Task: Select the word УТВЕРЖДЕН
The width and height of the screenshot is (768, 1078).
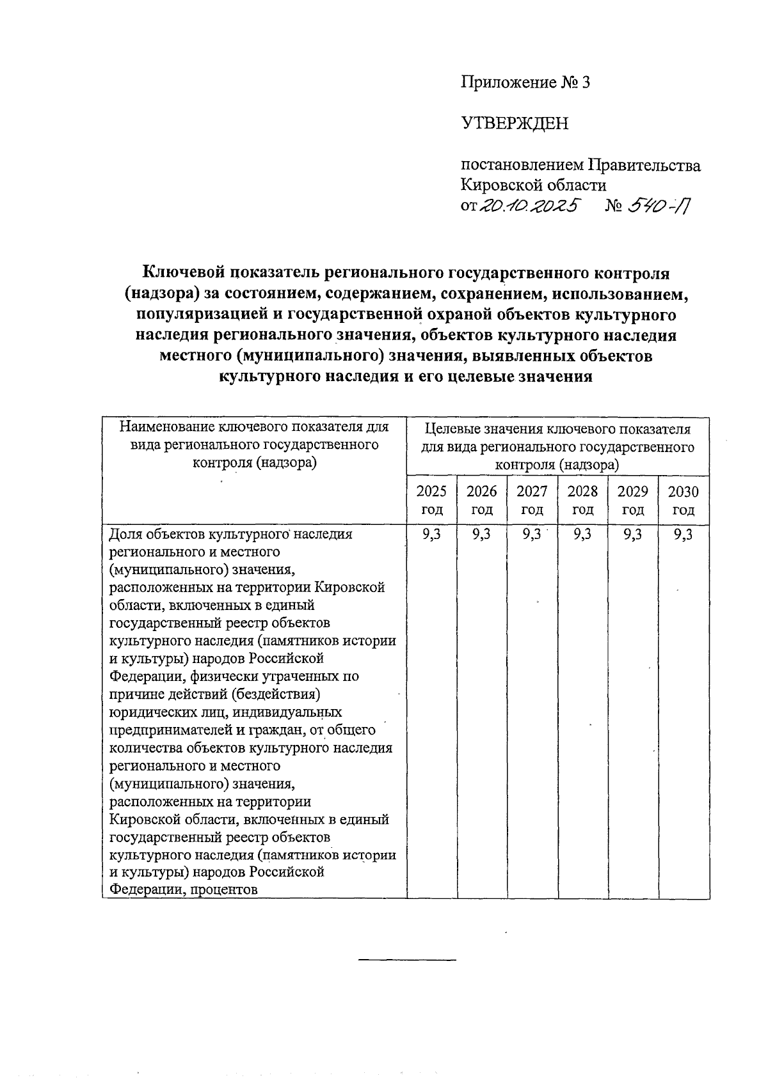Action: [x=515, y=123]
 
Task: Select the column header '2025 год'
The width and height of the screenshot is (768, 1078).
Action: [x=431, y=500]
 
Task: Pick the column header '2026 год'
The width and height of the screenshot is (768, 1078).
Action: [x=481, y=500]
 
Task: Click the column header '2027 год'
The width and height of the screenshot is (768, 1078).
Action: [x=532, y=500]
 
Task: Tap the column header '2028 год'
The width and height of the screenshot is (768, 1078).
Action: [x=582, y=500]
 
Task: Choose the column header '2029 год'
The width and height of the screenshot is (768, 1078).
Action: [x=633, y=500]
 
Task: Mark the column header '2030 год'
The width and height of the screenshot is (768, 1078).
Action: [x=684, y=500]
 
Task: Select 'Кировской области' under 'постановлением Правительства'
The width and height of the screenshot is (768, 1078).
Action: [x=533, y=185]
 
